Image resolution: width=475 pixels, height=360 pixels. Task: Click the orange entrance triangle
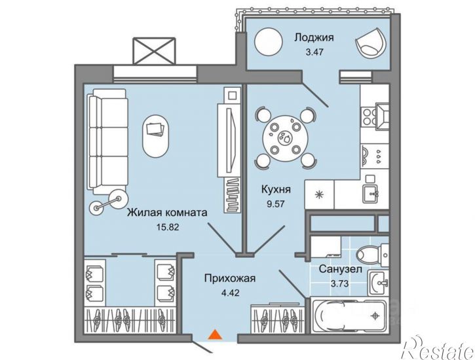[x=215, y=334]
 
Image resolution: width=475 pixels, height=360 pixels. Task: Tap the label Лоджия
[x=314, y=37]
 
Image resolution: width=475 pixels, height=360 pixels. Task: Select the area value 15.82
[x=168, y=226]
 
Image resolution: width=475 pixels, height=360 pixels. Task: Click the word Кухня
[x=276, y=190]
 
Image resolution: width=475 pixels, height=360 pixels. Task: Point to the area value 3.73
[x=340, y=284]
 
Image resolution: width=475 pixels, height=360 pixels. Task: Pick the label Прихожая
[x=229, y=278]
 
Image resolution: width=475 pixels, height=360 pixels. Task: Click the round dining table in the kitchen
[x=286, y=138]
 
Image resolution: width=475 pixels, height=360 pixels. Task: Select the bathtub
[x=348, y=315]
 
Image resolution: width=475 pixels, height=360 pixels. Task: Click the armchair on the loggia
[x=371, y=44]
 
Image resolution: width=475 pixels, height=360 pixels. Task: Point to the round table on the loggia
[x=269, y=42]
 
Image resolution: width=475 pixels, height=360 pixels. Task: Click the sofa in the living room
[x=107, y=141]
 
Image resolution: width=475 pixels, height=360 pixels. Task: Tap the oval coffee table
[x=155, y=136]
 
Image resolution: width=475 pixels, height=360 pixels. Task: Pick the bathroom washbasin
[x=379, y=283]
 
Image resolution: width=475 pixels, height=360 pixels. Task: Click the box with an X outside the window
[x=154, y=51]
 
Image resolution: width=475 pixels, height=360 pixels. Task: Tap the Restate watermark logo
[x=439, y=348]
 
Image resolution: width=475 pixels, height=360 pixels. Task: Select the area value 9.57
[x=275, y=204]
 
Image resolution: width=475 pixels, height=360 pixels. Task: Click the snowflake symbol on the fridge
[x=318, y=194]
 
